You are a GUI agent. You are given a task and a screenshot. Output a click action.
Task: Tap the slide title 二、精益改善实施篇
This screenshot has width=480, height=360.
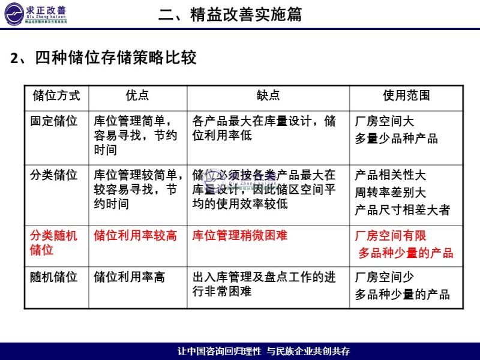point(230,14)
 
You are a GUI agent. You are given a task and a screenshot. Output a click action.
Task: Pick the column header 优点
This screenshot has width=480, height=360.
point(137,96)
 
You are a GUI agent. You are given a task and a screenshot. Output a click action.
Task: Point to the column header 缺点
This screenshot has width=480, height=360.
point(268,96)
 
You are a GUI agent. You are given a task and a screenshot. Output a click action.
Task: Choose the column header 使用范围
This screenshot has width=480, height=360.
point(406,96)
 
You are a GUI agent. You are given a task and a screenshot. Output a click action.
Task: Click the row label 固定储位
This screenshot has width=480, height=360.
point(54,121)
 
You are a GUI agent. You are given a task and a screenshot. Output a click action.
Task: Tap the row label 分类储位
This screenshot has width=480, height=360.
point(54,176)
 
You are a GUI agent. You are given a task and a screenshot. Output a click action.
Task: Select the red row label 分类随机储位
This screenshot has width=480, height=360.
point(54,242)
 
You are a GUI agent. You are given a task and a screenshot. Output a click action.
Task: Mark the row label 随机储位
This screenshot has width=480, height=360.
point(54,278)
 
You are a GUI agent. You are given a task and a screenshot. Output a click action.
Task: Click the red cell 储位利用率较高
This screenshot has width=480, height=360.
point(136,236)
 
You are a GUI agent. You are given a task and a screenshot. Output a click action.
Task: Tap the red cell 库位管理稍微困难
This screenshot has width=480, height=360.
point(240,236)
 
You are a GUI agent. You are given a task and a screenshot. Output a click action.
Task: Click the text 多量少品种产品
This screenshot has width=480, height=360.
point(397,139)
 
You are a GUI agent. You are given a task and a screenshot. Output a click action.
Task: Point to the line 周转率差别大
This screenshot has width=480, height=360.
point(390,193)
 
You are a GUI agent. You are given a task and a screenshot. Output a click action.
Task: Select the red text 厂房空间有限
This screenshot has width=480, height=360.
point(391,236)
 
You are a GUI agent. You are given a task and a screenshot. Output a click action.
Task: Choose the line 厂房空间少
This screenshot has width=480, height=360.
point(385,278)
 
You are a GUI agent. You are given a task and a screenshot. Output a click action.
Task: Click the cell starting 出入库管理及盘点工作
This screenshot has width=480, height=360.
point(264,284)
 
